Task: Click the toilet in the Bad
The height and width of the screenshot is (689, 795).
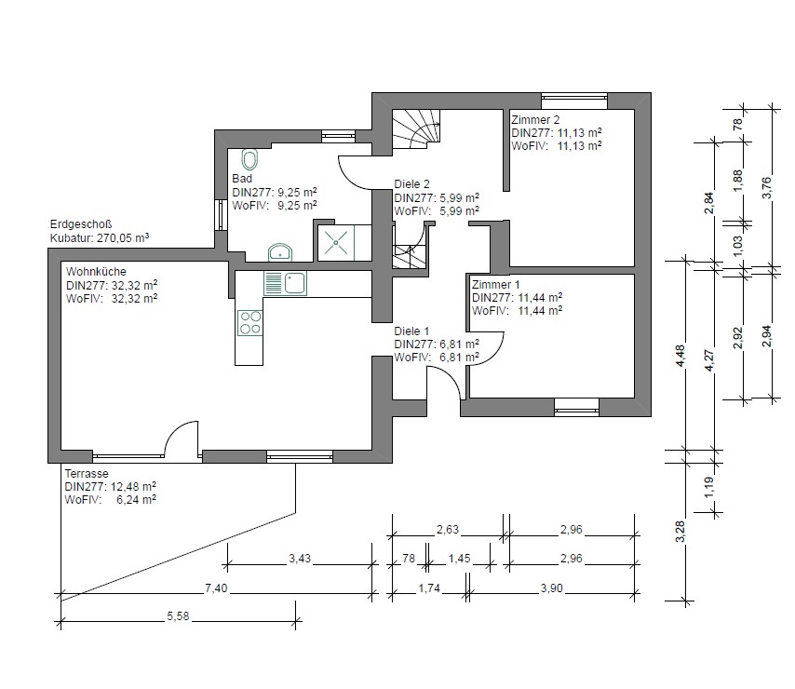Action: (x=249, y=159)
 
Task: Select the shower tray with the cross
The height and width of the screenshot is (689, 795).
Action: (x=336, y=243)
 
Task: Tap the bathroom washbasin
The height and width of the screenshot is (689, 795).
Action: (x=280, y=252)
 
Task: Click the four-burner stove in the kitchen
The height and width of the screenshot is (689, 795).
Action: (x=250, y=323)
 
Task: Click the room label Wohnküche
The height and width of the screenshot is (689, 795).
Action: (x=96, y=272)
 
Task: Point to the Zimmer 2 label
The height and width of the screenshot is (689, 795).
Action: (x=535, y=120)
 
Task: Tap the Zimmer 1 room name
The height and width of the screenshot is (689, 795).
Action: (x=495, y=284)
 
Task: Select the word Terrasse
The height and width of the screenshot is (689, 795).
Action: (x=87, y=474)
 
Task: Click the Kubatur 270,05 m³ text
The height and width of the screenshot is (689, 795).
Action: (x=100, y=237)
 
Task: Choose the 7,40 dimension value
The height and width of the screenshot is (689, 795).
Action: (x=216, y=588)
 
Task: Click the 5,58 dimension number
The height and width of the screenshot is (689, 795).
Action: (x=178, y=616)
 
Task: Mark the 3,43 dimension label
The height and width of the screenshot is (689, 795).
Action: (x=300, y=559)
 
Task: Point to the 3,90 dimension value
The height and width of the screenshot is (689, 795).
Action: (x=551, y=588)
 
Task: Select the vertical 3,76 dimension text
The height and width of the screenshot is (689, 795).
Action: (x=766, y=187)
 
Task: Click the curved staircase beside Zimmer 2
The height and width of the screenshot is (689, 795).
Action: (x=416, y=128)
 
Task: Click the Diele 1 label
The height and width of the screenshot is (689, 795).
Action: (x=411, y=331)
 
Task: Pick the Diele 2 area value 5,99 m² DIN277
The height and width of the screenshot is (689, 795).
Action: (x=437, y=197)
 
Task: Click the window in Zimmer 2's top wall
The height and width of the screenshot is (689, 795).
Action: (x=574, y=101)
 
